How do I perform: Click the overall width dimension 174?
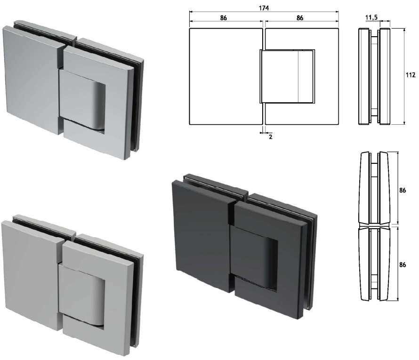[x=263, y=8]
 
